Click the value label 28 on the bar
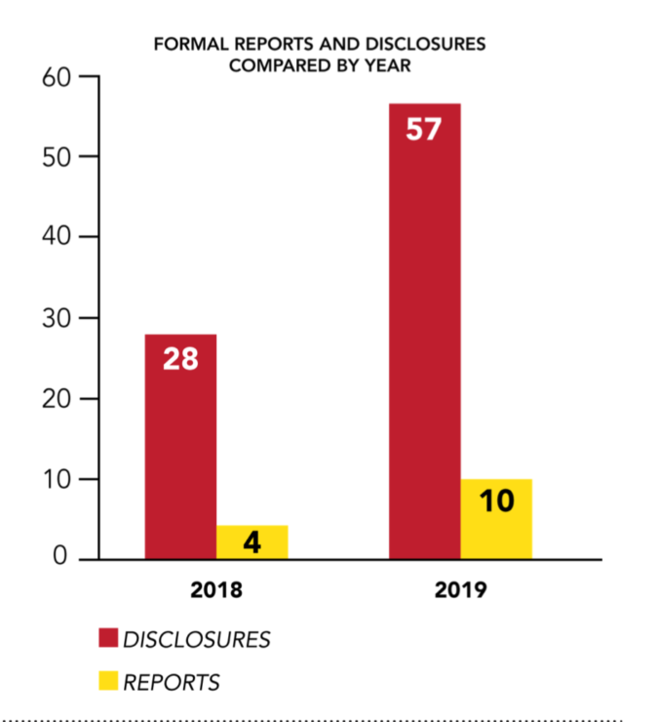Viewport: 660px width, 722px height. point(180,358)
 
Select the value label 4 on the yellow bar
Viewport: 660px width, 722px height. point(252,543)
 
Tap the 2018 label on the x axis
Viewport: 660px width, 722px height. point(215,590)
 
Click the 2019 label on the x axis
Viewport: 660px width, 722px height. point(460,590)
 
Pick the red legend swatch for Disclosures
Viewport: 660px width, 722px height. point(106,640)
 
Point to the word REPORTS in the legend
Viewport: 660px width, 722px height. point(172,682)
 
